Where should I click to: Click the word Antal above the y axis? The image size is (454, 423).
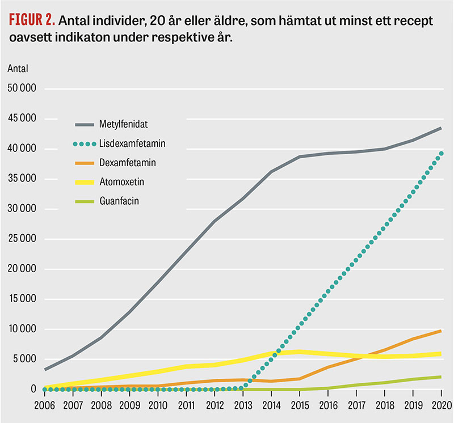18,69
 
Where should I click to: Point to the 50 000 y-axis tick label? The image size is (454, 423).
22,89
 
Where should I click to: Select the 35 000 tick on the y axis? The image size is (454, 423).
22,179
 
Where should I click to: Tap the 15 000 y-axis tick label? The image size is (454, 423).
22,299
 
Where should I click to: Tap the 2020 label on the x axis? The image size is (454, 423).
441,405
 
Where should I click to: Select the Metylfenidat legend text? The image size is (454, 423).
124,124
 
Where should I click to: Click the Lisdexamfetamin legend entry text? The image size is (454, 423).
132,143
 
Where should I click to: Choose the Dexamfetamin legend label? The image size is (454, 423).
127,163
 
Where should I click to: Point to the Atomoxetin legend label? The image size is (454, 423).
121,181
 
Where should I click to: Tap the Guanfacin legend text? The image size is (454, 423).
119,201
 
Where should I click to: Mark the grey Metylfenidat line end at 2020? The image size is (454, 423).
441,129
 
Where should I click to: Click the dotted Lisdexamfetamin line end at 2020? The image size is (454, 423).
441,154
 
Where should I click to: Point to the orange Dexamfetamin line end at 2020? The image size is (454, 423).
441,331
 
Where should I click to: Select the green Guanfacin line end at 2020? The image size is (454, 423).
441,377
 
